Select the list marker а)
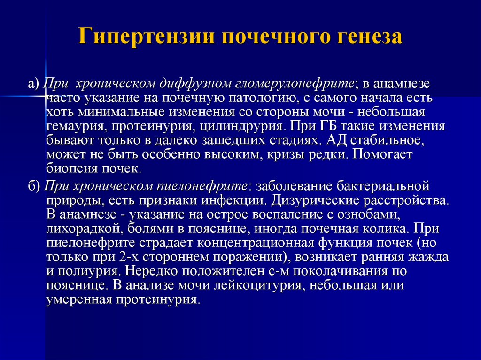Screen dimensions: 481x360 pos(34,84)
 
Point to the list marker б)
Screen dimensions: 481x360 pos(34,186)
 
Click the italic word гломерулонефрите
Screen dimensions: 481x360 pos(295,84)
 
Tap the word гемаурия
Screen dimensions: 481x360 pos(77,126)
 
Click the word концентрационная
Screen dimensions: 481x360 pos(256,243)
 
